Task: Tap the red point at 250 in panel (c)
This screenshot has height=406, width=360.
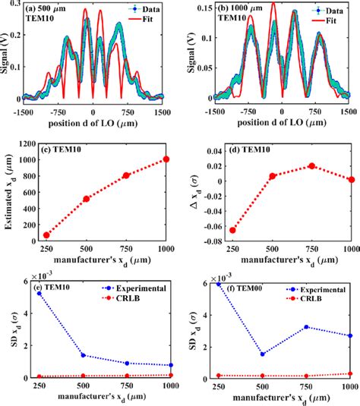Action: pyautogui.click(x=46, y=235)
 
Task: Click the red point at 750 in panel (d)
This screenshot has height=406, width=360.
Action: pyautogui.click(x=311, y=166)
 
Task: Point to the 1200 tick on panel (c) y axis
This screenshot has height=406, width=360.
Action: pyautogui.click(x=25, y=144)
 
